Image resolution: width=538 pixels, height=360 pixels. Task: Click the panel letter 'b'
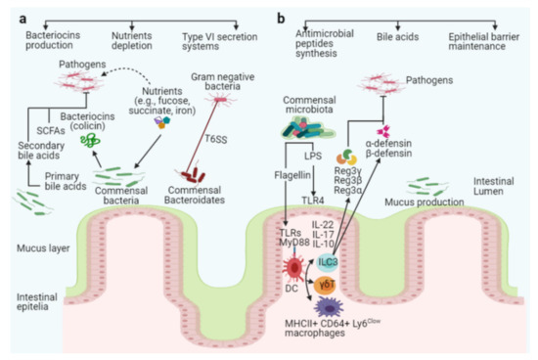283,17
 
